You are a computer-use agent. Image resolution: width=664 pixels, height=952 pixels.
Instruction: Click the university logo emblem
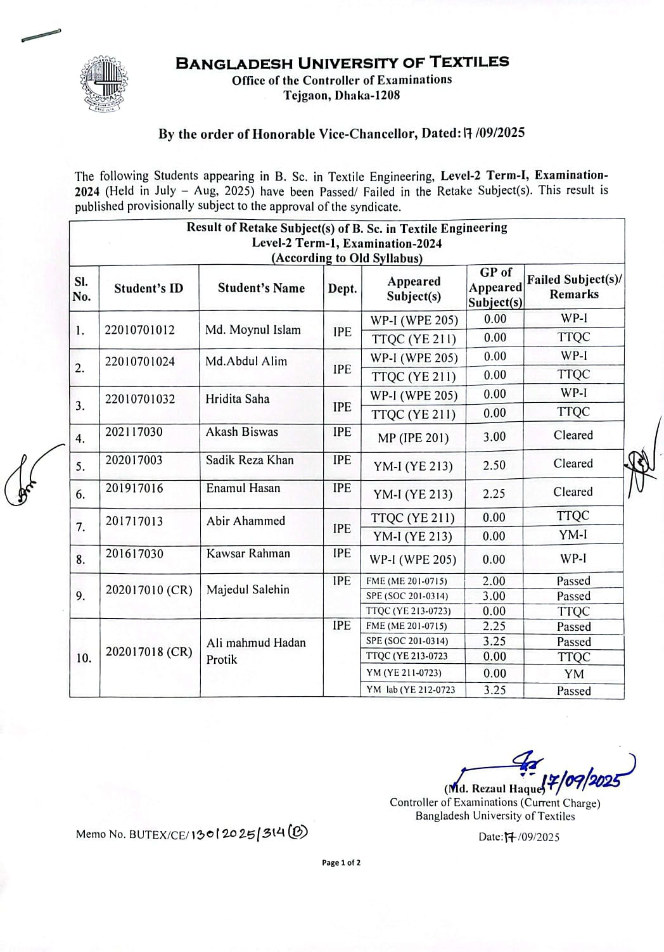(x=103, y=84)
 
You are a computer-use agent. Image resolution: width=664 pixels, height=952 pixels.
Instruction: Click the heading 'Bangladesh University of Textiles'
(x=342, y=62)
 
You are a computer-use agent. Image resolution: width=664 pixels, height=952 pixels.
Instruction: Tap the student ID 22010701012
(x=139, y=329)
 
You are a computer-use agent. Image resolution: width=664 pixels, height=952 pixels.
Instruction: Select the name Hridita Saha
(x=237, y=399)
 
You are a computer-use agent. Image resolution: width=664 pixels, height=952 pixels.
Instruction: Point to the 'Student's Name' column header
(x=261, y=288)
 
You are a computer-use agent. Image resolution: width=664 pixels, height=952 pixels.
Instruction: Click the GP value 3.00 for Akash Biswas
(x=494, y=437)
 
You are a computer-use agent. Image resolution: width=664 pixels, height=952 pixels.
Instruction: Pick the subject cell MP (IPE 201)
(x=413, y=438)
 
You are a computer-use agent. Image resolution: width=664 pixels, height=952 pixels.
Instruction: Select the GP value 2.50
(x=494, y=466)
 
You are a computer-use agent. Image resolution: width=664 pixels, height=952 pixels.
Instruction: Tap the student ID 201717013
(x=134, y=521)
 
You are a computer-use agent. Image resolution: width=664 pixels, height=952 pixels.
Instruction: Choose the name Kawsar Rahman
(x=248, y=554)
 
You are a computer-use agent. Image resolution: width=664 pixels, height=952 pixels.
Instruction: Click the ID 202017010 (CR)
(x=148, y=590)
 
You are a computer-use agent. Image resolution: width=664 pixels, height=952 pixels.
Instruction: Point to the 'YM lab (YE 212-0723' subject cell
(x=411, y=690)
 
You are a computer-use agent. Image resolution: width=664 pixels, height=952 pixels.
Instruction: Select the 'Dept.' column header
(x=342, y=289)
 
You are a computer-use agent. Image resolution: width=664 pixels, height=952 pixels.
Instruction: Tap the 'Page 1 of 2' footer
(x=342, y=863)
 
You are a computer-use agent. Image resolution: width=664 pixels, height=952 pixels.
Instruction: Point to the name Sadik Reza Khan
(x=249, y=460)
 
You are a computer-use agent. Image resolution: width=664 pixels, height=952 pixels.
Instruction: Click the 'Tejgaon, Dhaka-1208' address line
(x=342, y=96)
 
